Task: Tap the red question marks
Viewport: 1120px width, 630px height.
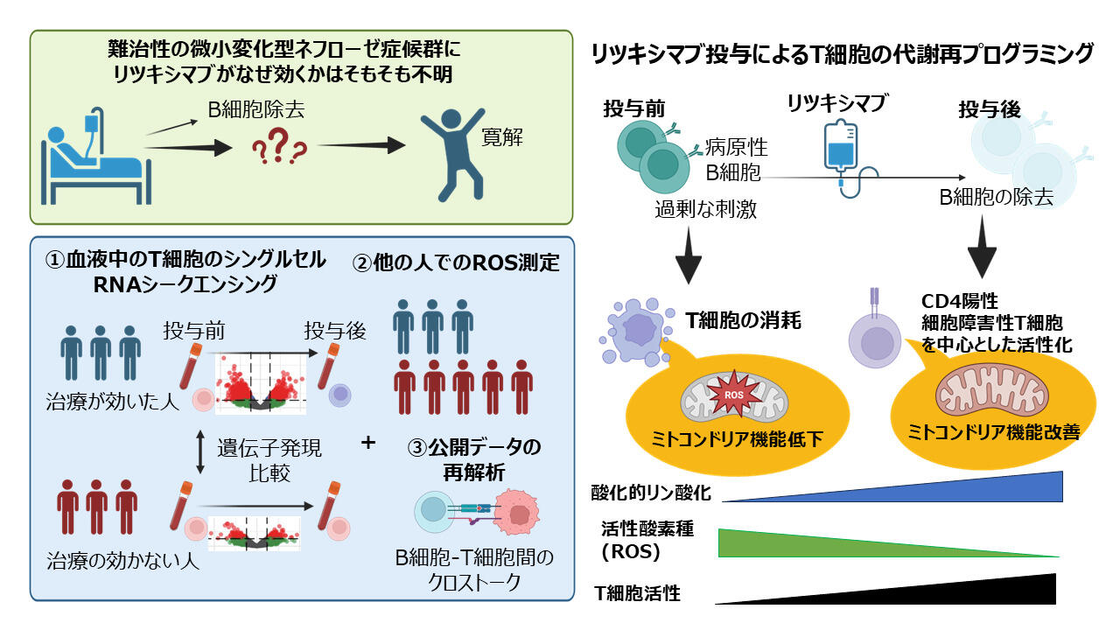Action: point(279,146)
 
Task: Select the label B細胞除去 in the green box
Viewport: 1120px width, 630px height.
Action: point(256,110)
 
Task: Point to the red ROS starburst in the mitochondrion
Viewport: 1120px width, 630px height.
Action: point(733,394)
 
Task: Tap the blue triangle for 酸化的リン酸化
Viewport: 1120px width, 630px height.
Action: point(892,486)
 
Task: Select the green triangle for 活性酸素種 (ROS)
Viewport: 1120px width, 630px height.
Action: point(888,543)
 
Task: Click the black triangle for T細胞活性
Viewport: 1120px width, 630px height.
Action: point(885,589)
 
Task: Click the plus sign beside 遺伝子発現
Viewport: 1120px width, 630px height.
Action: point(368,443)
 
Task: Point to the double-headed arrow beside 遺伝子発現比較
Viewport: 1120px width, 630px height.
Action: point(200,452)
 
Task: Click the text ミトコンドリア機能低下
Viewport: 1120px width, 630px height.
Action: point(737,439)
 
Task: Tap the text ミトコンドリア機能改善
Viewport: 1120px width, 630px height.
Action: point(994,431)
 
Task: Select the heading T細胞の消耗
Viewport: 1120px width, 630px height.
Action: point(744,320)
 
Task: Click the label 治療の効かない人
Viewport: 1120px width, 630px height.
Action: point(123,561)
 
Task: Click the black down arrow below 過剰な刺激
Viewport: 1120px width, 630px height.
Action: point(689,255)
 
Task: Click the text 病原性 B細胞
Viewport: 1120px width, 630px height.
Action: point(736,160)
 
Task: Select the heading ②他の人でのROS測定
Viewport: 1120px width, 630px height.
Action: point(456,262)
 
